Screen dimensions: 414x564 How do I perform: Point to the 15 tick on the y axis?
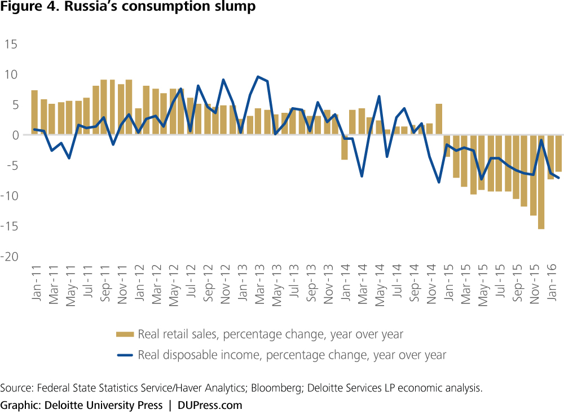pos(11,44)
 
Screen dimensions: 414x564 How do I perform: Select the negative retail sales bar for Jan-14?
pos(344,147)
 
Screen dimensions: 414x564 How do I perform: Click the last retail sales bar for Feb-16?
pos(558,153)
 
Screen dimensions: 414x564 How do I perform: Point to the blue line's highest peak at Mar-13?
pos(258,77)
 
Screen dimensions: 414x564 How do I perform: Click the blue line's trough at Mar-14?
pos(362,177)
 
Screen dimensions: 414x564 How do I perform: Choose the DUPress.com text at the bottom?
pos(210,405)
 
